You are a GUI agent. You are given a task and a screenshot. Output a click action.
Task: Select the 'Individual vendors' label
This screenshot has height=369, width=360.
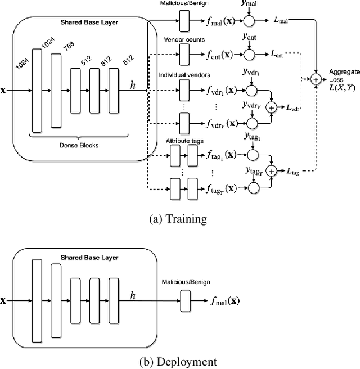(184, 75)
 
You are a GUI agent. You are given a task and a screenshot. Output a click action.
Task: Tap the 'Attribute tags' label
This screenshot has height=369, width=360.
(182, 140)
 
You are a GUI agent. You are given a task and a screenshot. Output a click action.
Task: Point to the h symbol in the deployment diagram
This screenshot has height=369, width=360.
(132, 294)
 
